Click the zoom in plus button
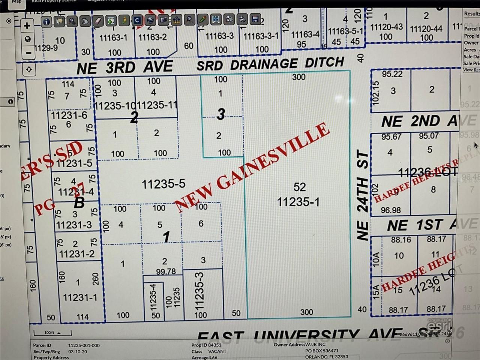pos(27,26)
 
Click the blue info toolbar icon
pos(46,22)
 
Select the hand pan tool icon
pos(85,21)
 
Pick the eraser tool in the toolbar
pos(97,21)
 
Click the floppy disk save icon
pos(255,19)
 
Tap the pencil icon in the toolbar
pos(202,19)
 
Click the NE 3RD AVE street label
pos(124,67)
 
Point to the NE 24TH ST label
pos(363,195)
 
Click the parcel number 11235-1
pos(298,202)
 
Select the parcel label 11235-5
pos(163,184)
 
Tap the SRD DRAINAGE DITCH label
pos(270,64)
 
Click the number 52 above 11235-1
pos(299,187)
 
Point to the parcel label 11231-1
pos(80,297)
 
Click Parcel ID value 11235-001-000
pos(84,345)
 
